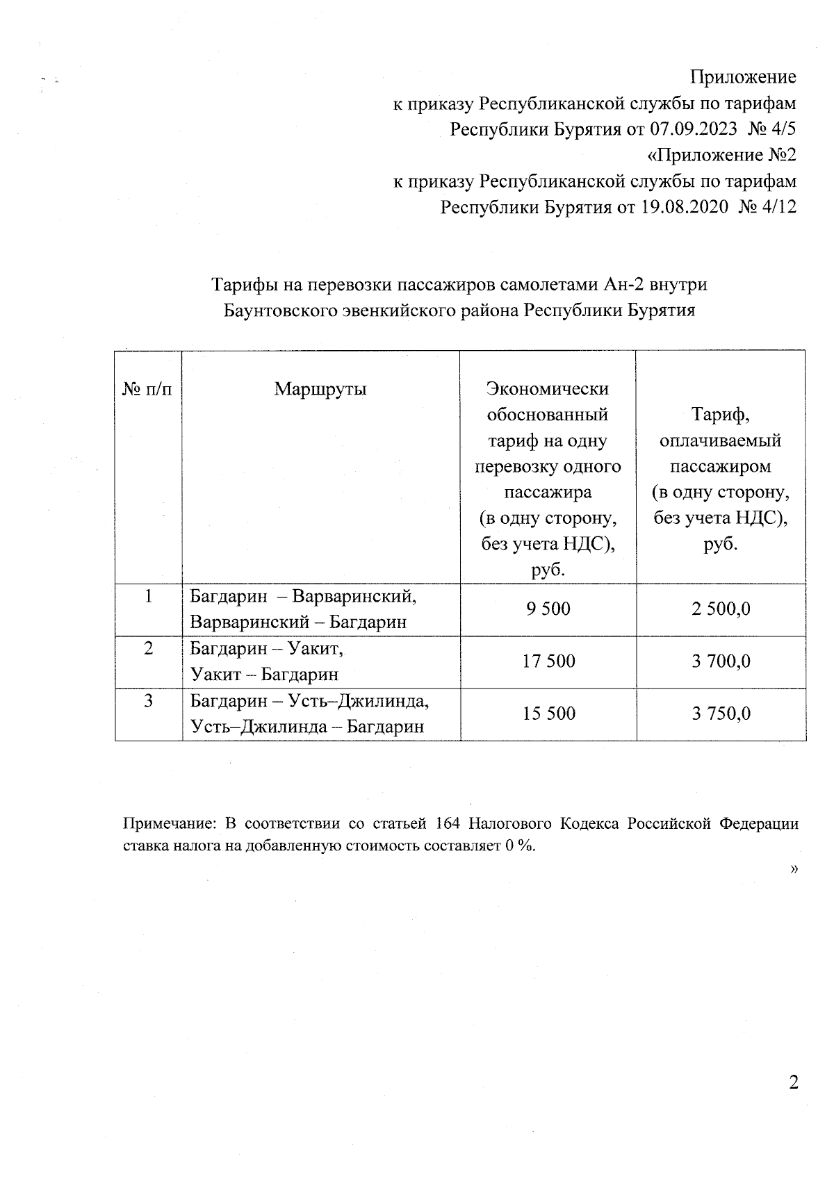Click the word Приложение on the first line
tap(743, 77)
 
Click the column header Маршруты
tap(320, 388)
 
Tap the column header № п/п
tap(147, 389)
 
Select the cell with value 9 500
tap(548, 609)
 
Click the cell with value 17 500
tap(548, 661)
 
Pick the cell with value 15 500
tap(548, 714)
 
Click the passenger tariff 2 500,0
tap(721, 609)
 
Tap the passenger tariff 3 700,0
tap(721, 661)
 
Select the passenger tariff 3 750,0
tap(721, 714)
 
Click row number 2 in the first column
tap(148, 649)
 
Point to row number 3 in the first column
tap(148, 701)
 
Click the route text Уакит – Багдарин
tap(264, 674)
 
